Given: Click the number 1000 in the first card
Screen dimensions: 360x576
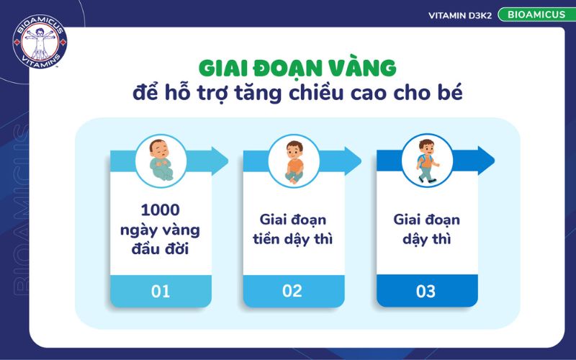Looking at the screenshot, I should pos(161,210).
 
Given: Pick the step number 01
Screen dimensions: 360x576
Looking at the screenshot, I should pos(161,292).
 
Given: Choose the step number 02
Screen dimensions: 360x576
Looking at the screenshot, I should pos(292,292).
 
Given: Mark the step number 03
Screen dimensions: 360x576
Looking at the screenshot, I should pos(426,292).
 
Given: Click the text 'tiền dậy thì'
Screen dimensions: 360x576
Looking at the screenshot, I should pos(292,239).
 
